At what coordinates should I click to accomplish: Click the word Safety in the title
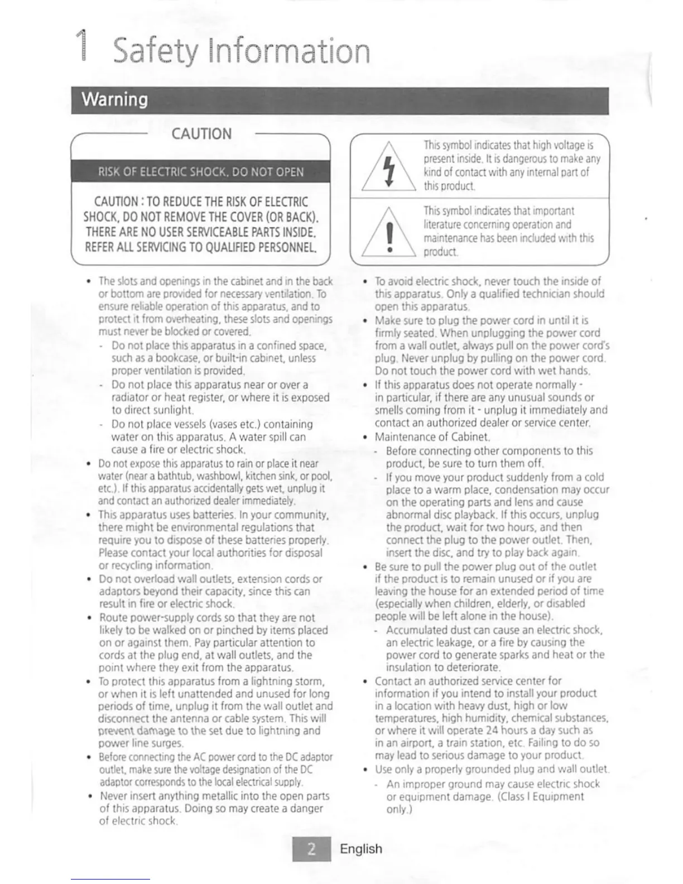click(155, 51)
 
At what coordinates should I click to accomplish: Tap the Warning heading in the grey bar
click(115, 99)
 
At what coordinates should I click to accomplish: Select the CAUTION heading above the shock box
click(201, 134)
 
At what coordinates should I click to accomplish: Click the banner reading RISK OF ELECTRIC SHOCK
click(201, 171)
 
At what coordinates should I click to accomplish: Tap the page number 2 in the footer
click(311, 849)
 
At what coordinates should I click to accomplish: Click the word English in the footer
click(361, 849)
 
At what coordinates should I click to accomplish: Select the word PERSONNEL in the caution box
click(287, 247)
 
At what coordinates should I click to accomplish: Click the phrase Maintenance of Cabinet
click(432, 437)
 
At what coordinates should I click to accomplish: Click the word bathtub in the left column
click(161, 476)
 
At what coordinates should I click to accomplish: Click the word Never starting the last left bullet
click(116, 796)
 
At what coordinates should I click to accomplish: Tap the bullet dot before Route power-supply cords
click(89, 618)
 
